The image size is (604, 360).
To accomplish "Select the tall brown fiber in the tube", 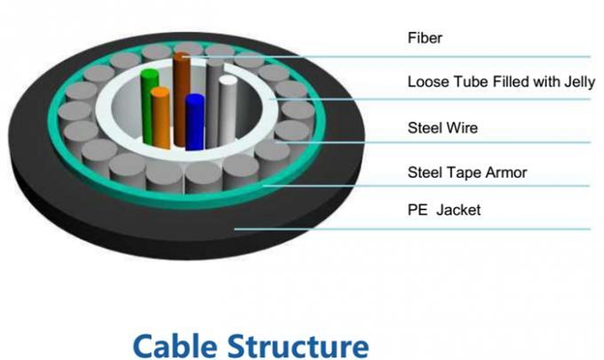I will [182, 98].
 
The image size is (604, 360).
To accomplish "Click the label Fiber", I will [424, 38].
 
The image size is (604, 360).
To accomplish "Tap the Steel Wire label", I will [442, 128].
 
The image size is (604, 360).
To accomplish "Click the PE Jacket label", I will [444, 211].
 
